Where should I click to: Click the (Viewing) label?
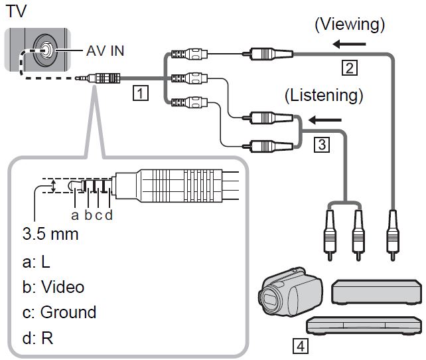pyautogui.click(x=350, y=25)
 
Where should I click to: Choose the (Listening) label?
pyautogui.click(x=324, y=95)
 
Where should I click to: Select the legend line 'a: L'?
pyautogui.click(x=36, y=262)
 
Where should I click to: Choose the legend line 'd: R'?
pyautogui.click(x=37, y=337)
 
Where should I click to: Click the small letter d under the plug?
pyautogui.click(x=109, y=215)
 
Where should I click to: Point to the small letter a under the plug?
pyautogui.click(x=76, y=215)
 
